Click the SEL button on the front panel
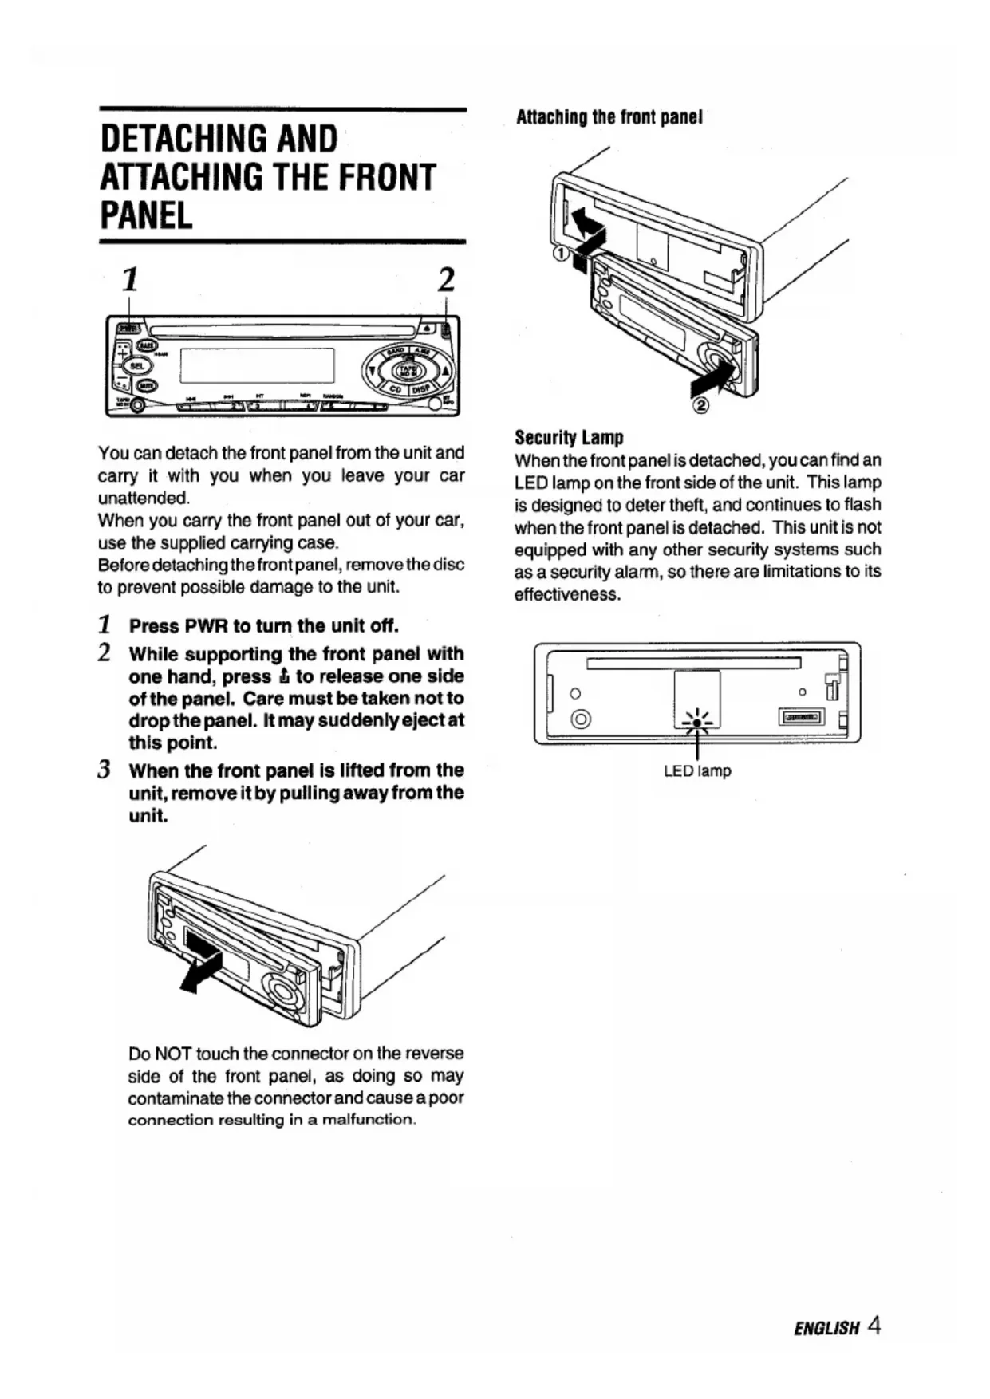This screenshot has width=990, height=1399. tap(137, 366)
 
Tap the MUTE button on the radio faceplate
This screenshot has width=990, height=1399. tap(146, 386)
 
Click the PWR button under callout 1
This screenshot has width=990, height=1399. tap(128, 326)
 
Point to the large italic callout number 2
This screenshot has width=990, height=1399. tap(446, 280)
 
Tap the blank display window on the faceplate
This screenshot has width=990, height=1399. tap(256, 366)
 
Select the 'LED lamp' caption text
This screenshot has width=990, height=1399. tap(697, 771)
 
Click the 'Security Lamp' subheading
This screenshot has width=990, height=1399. tap(569, 437)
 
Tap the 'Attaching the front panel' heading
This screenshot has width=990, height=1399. tap(609, 117)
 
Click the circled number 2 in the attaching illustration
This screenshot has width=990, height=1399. tap(701, 407)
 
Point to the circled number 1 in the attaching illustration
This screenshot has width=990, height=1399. tap(561, 254)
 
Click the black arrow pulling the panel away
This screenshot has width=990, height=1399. tap(199, 970)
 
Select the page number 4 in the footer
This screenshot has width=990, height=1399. tap(874, 1326)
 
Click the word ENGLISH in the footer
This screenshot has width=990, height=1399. tap(826, 1328)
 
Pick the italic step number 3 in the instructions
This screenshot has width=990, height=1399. tap(104, 770)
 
